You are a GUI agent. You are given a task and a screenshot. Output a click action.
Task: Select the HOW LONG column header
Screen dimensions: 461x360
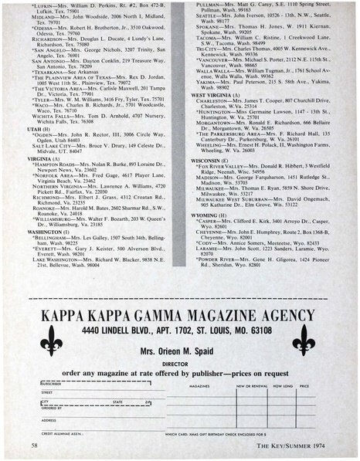(284, 384)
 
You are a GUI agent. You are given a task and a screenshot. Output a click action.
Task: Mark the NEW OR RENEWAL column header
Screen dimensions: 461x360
(253, 384)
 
